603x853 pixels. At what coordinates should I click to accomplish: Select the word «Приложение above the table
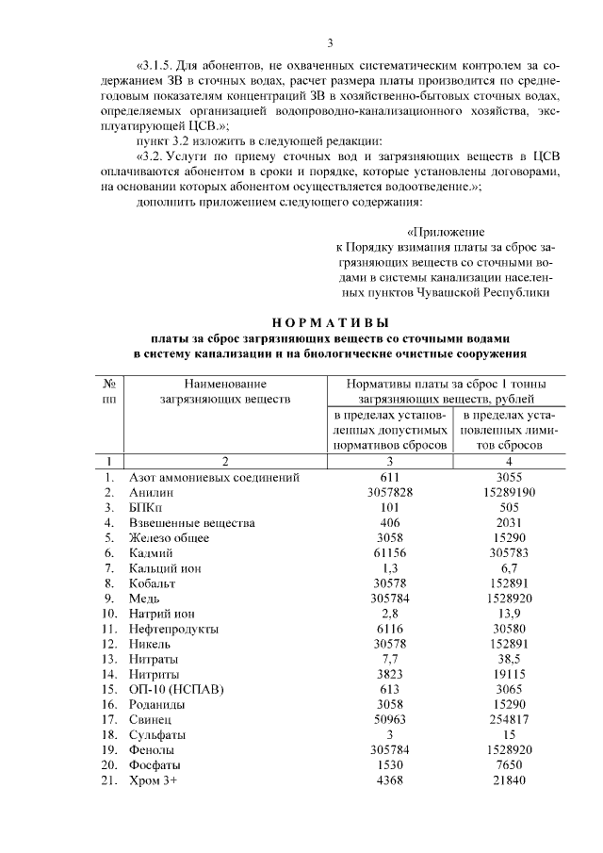click(x=445, y=231)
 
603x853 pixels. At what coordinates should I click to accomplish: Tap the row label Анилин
click(x=151, y=492)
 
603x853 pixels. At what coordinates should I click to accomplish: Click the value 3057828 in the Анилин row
click(x=389, y=492)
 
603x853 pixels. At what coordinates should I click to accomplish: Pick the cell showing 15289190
click(x=508, y=492)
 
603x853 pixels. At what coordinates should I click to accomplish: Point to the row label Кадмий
click(x=152, y=552)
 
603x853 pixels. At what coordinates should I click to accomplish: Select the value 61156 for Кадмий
click(x=389, y=552)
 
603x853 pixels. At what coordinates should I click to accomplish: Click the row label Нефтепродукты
click(x=174, y=628)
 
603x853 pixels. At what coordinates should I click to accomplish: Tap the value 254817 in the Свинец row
click(x=508, y=718)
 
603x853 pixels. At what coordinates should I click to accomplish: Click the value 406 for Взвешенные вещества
click(x=389, y=522)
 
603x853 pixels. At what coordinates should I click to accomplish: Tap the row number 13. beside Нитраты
click(x=111, y=658)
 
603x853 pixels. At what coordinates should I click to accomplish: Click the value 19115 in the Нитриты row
click(x=508, y=673)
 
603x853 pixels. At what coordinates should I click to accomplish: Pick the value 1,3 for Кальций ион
click(x=389, y=567)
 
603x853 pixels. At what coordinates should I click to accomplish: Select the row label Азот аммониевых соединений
click(x=215, y=477)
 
